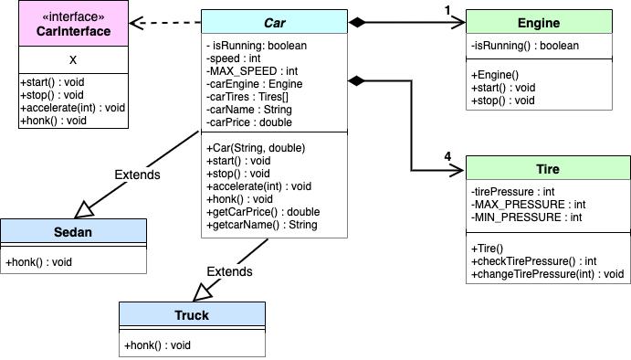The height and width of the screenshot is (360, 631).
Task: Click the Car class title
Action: coord(274,23)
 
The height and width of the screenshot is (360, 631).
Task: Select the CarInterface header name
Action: coord(72,33)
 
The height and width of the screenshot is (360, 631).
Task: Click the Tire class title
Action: coord(549,169)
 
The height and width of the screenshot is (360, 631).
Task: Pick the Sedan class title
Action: coord(73,232)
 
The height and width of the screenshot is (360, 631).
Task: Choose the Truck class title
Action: coord(192,315)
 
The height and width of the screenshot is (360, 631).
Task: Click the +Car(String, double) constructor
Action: coord(254,147)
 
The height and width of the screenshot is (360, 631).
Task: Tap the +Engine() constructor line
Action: coord(497,75)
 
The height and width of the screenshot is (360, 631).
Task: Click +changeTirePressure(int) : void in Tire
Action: coord(548,273)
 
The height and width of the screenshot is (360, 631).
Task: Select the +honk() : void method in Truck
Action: coord(157,344)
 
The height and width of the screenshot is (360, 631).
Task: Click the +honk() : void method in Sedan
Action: coord(38,262)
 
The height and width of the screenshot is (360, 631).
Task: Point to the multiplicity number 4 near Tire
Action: coord(447,156)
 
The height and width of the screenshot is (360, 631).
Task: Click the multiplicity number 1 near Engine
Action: coord(447,9)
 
